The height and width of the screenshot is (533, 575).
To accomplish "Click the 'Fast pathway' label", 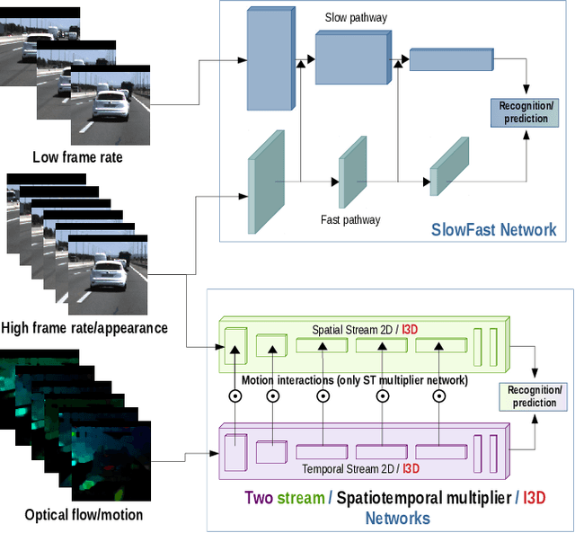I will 350,219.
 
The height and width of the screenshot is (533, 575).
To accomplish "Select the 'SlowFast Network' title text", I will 494,229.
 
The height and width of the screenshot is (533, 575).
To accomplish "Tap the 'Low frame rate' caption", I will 77,157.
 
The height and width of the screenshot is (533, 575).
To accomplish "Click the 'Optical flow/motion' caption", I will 84,514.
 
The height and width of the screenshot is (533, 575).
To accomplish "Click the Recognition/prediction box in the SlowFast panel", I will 523,112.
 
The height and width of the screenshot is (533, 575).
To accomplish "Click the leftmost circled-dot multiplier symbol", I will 234,395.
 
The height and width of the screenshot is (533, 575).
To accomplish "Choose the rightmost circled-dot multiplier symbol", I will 440,395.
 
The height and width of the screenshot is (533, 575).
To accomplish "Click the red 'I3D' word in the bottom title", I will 535,498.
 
